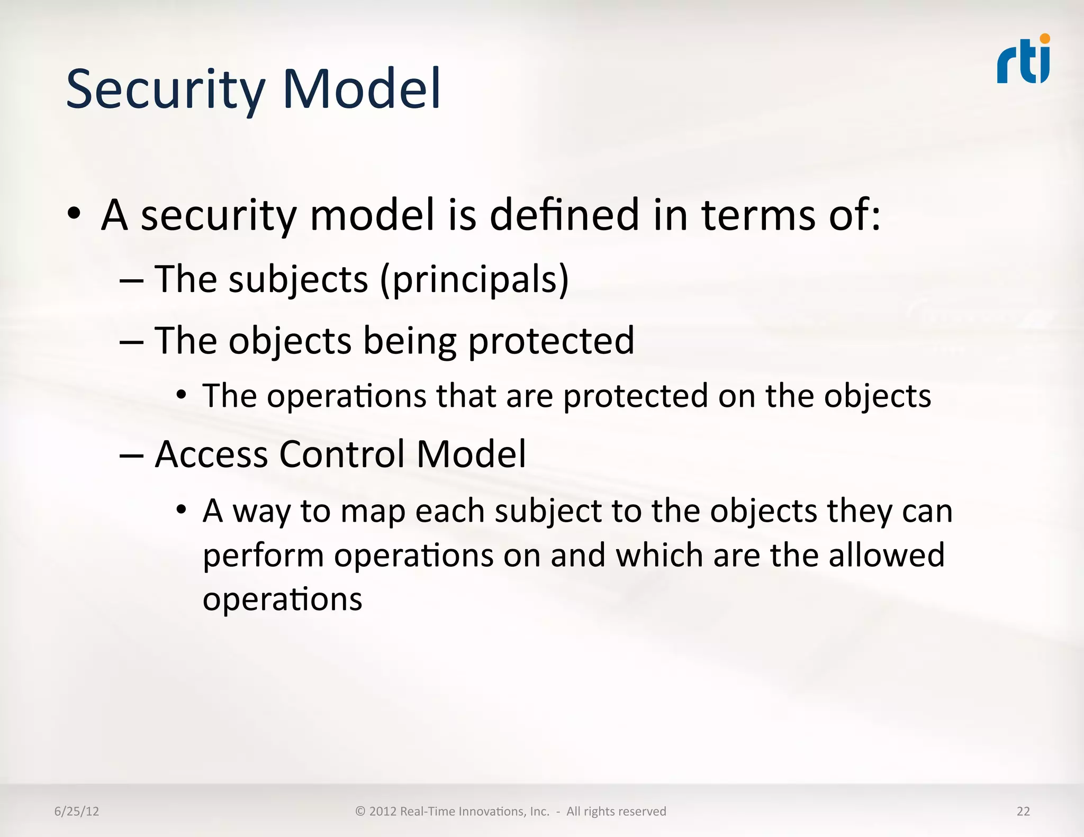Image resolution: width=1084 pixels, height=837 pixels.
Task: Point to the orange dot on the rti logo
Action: [x=1045, y=39]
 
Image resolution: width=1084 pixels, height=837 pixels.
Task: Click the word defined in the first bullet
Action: [x=564, y=215]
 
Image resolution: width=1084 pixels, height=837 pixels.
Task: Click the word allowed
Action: [x=887, y=555]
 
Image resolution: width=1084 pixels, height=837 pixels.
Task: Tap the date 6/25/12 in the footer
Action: [x=77, y=811]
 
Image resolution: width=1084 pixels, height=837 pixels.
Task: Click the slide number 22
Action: [x=1023, y=811]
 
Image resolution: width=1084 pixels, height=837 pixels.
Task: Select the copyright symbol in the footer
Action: [x=360, y=811]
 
